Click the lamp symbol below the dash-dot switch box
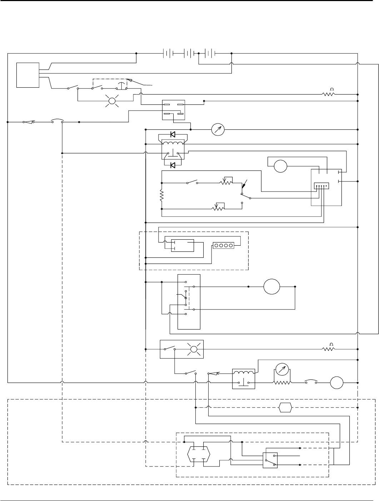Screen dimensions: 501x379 pos(112,101)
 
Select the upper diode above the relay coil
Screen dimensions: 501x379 pos(173,134)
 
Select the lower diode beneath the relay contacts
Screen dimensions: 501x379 pos(173,165)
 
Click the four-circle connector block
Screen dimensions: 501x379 pos(223,245)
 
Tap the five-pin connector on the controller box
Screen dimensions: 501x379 pos(321,186)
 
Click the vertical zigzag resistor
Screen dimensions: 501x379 pos(162,195)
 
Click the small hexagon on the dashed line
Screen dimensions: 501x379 pos(285,407)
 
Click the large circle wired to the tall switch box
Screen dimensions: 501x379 pos(271,287)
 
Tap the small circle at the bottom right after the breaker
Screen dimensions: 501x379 pos(336,383)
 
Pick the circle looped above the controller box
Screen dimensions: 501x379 pos(280,166)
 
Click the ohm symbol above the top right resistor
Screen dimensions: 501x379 pos(331,89)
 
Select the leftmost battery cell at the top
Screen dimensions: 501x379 pos(168,53)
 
